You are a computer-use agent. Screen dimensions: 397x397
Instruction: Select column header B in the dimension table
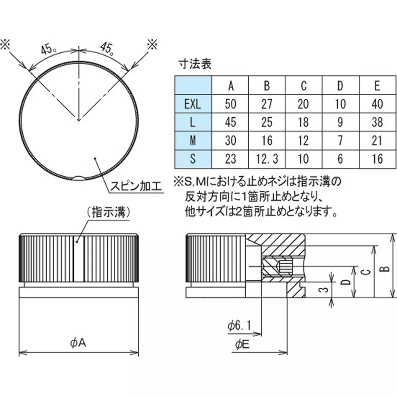[267, 86]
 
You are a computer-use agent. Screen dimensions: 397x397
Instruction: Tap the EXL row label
[193, 104]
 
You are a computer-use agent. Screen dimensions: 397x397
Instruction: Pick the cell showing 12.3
[267, 158]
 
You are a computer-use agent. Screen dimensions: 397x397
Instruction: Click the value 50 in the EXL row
[231, 104]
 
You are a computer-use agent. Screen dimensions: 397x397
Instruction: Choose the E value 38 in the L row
[377, 123]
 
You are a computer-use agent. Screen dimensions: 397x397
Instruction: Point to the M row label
[193, 140]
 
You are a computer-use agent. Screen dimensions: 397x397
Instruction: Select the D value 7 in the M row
[340, 140]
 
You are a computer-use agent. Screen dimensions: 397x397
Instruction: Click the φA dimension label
[78, 342]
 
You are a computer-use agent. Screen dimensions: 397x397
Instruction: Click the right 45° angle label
[108, 49]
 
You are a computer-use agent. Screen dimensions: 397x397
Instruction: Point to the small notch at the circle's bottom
[78, 177]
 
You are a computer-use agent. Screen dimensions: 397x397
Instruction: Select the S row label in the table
[193, 158]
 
